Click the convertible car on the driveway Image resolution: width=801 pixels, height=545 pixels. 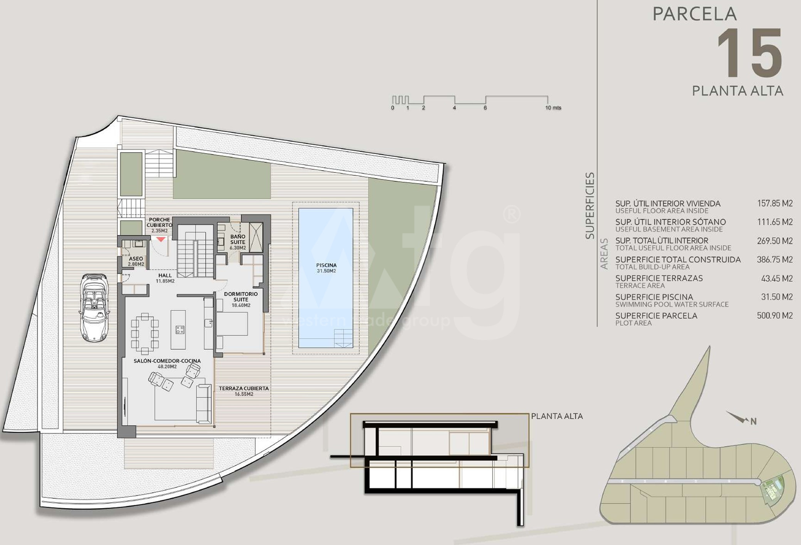(95, 308)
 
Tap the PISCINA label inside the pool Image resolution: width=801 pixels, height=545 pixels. (326, 265)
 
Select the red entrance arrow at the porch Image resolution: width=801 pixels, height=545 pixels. (161, 239)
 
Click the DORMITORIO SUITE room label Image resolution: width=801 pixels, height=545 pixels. (241, 296)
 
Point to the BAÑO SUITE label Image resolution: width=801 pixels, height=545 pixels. (238, 239)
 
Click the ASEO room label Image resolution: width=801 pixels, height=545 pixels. (136, 259)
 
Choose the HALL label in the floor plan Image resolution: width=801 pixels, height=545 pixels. (165, 275)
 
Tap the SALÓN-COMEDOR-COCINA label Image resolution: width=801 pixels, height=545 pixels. (167, 361)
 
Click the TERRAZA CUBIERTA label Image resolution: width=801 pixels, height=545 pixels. (244, 388)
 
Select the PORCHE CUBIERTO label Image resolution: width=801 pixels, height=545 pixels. (159, 222)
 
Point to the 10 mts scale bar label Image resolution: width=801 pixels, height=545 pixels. (553, 108)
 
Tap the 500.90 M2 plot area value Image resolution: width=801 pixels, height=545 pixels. (775, 315)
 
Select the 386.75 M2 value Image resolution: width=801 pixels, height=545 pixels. (775, 259)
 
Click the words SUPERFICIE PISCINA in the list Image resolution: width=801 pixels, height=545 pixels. (654, 297)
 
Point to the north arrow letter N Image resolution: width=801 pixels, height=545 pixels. (753, 421)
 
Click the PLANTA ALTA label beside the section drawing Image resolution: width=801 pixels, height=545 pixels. (557, 416)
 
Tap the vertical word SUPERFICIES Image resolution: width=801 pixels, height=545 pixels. (590, 206)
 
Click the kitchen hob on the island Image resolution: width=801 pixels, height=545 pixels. (180, 330)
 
